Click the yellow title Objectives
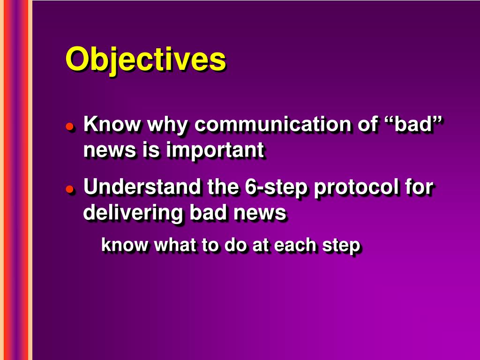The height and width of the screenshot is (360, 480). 146,60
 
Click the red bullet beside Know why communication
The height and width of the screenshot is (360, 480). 70,127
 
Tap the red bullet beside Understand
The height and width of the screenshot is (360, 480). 70,189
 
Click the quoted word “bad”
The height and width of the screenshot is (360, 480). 413,124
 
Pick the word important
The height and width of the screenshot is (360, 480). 215,150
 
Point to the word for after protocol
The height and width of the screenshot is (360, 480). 419,187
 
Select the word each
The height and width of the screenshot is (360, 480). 295,245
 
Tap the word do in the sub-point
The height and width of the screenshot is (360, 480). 235,245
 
